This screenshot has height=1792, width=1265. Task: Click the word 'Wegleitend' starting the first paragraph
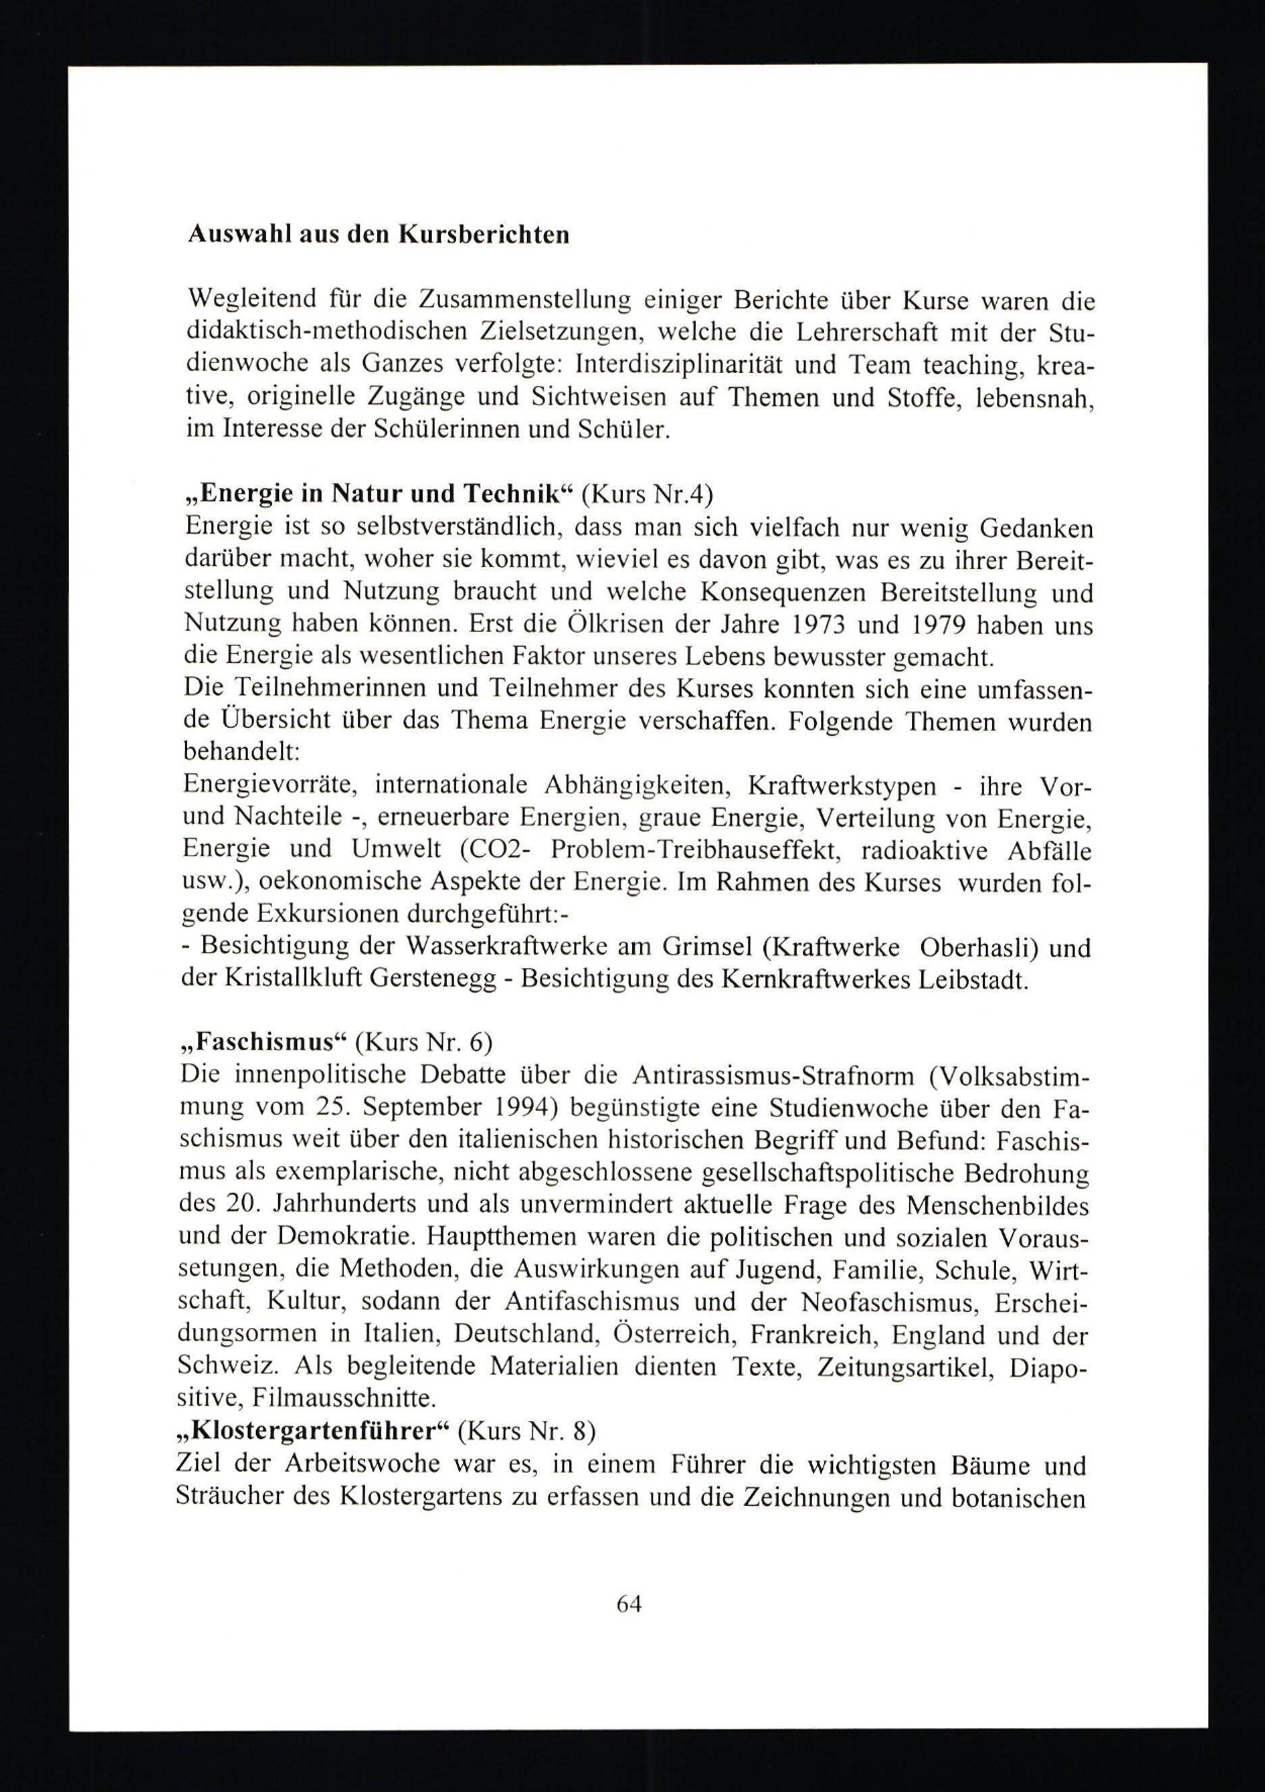tap(252, 299)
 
